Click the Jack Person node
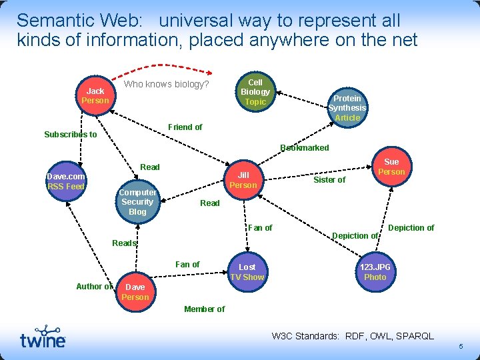tap(95, 95)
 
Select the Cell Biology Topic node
tap(255, 92)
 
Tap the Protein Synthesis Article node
tap(347, 107)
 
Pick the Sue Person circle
tap(391, 167)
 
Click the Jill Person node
tap(243, 180)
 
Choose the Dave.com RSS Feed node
tap(65, 181)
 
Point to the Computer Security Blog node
tap(137, 202)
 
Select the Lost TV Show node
tap(247, 272)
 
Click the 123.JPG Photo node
tap(375, 272)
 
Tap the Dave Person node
tap(135, 292)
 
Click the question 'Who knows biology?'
tap(167, 85)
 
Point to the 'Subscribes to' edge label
tap(71, 135)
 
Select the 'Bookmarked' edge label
tap(305, 148)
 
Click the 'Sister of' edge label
tap(329, 180)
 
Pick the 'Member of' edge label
tap(204, 309)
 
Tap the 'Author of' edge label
tap(94, 287)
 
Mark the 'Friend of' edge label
tap(185, 127)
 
